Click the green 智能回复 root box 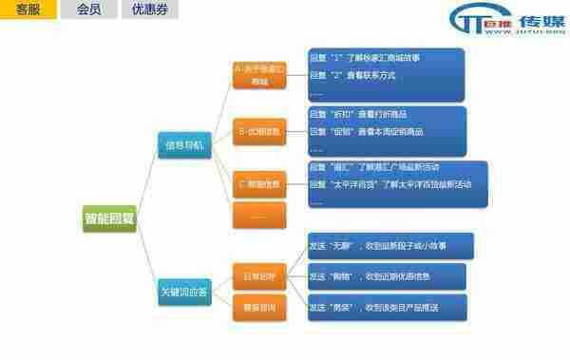108,218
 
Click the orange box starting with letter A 259,75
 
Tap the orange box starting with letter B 259,130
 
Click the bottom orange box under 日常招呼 259,308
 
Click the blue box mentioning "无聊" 386,246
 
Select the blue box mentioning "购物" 386,276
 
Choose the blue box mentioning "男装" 386,307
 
